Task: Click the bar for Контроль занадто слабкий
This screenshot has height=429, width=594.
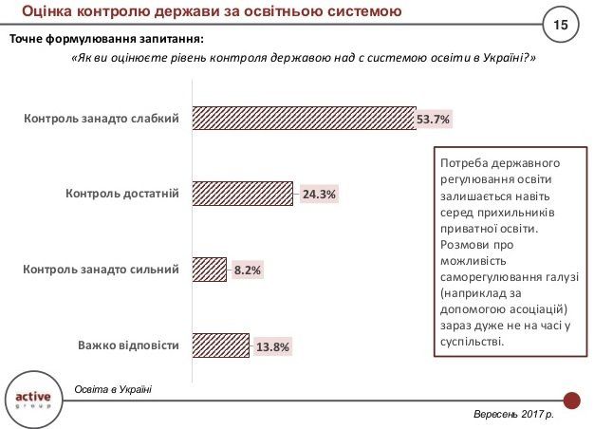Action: pyautogui.click(x=304, y=118)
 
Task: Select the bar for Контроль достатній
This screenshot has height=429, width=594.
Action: pyautogui.click(x=242, y=194)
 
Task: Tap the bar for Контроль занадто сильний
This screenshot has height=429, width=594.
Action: pyautogui.click(x=209, y=270)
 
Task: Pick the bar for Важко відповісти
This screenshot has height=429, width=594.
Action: pyautogui.click(x=220, y=345)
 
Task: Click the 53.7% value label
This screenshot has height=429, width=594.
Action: pyautogui.click(x=433, y=119)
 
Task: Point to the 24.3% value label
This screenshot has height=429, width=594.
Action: pyautogui.click(x=320, y=195)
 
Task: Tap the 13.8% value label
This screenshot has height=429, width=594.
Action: pyautogui.click(x=272, y=346)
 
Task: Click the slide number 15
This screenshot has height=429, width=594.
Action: pyautogui.click(x=560, y=22)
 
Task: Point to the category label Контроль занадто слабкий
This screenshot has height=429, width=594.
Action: pyautogui.click(x=102, y=119)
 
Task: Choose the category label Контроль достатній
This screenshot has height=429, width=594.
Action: pyautogui.click(x=122, y=195)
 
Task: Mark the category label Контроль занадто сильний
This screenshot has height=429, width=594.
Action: pyautogui.click(x=101, y=270)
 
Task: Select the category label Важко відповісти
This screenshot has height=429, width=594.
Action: pyautogui.click(x=128, y=345)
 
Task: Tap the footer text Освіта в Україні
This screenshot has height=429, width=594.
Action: pyautogui.click(x=112, y=390)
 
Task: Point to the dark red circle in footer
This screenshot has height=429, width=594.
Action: pyautogui.click(x=571, y=400)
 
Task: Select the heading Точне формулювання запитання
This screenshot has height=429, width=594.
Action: pyautogui.click(x=105, y=39)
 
